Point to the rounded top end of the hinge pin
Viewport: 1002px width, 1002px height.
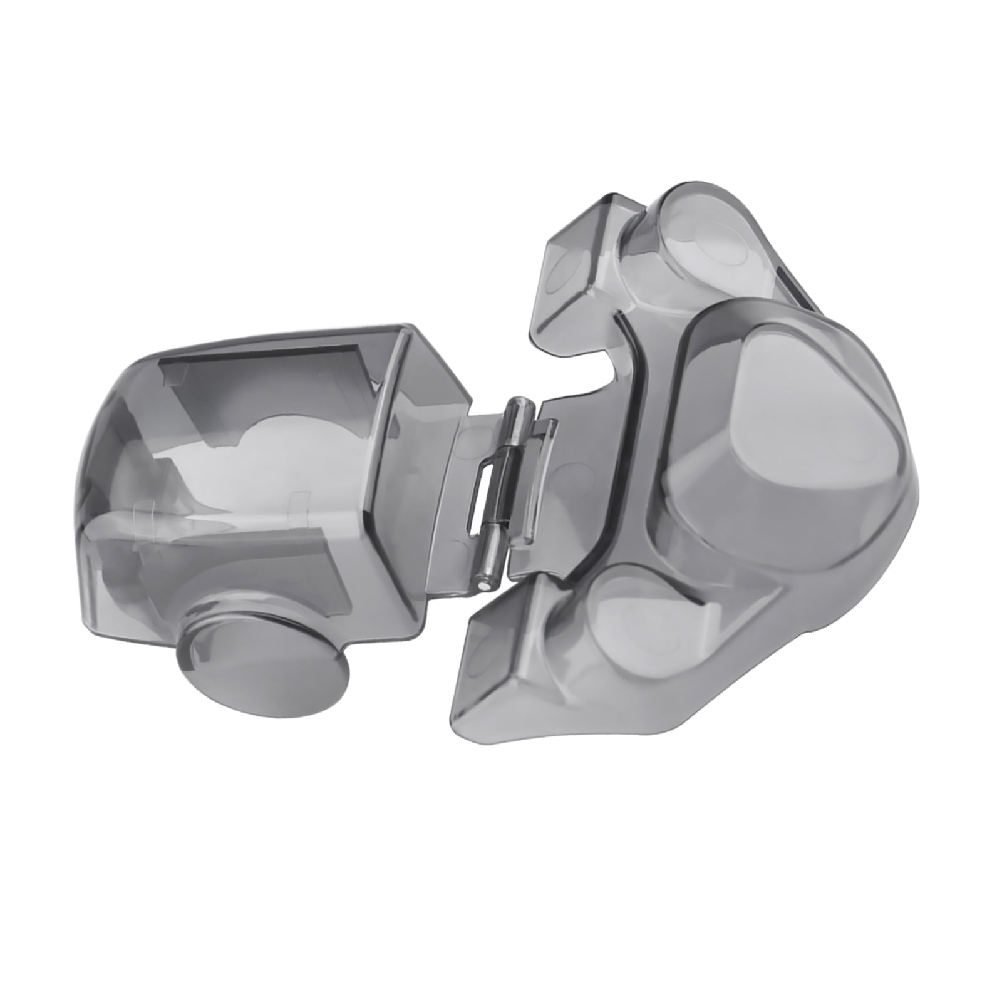pos(520,405)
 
